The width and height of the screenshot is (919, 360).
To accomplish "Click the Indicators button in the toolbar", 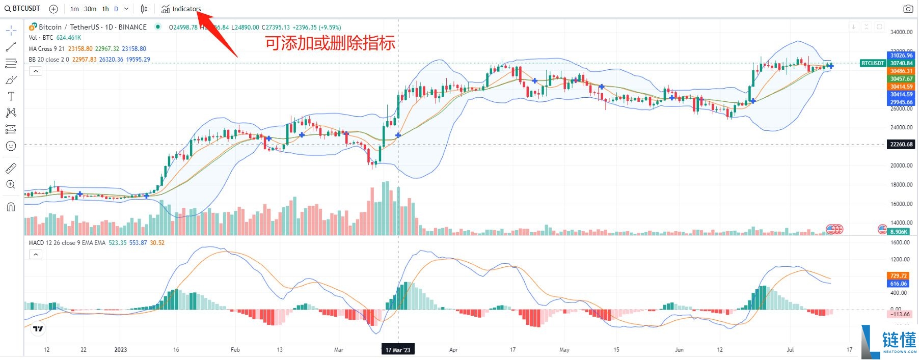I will [x=181, y=9].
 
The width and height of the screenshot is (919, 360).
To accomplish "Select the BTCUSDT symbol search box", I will [x=23, y=9].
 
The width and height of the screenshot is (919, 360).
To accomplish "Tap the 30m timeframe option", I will [x=90, y=9].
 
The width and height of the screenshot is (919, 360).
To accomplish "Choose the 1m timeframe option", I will [x=74, y=9].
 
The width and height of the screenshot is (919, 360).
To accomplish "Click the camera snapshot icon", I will [x=908, y=9].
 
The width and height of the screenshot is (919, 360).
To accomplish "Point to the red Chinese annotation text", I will [x=330, y=43].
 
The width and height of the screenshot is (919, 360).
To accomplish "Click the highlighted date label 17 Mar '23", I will [x=397, y=350].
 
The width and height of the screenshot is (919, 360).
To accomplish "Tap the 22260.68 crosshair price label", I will [x=901, y=144].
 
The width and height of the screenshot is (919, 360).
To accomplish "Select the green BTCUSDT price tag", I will [x=872, y=63].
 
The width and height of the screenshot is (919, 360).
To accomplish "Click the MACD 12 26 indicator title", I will [x=67, y=243].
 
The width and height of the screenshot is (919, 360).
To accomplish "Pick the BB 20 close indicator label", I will [x=48, y=60].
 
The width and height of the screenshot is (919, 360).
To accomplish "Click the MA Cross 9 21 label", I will [x=46, y=49].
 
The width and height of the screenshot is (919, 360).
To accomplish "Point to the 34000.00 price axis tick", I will [x=901, y=32].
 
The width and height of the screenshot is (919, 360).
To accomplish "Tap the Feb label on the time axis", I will [x=235, y=350].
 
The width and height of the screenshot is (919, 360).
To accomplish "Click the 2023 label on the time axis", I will [x=121, y=350].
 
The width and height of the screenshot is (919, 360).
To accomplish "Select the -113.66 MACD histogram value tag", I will [x=900, y=314].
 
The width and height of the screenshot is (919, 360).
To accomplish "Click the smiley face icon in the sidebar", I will [x=11, y=146].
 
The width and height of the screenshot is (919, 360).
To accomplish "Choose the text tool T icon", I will [x=11, y=96].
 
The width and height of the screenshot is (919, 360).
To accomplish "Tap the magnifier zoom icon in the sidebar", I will [x=11, y=184].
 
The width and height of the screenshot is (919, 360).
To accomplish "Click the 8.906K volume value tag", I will [x=899, y=232].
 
